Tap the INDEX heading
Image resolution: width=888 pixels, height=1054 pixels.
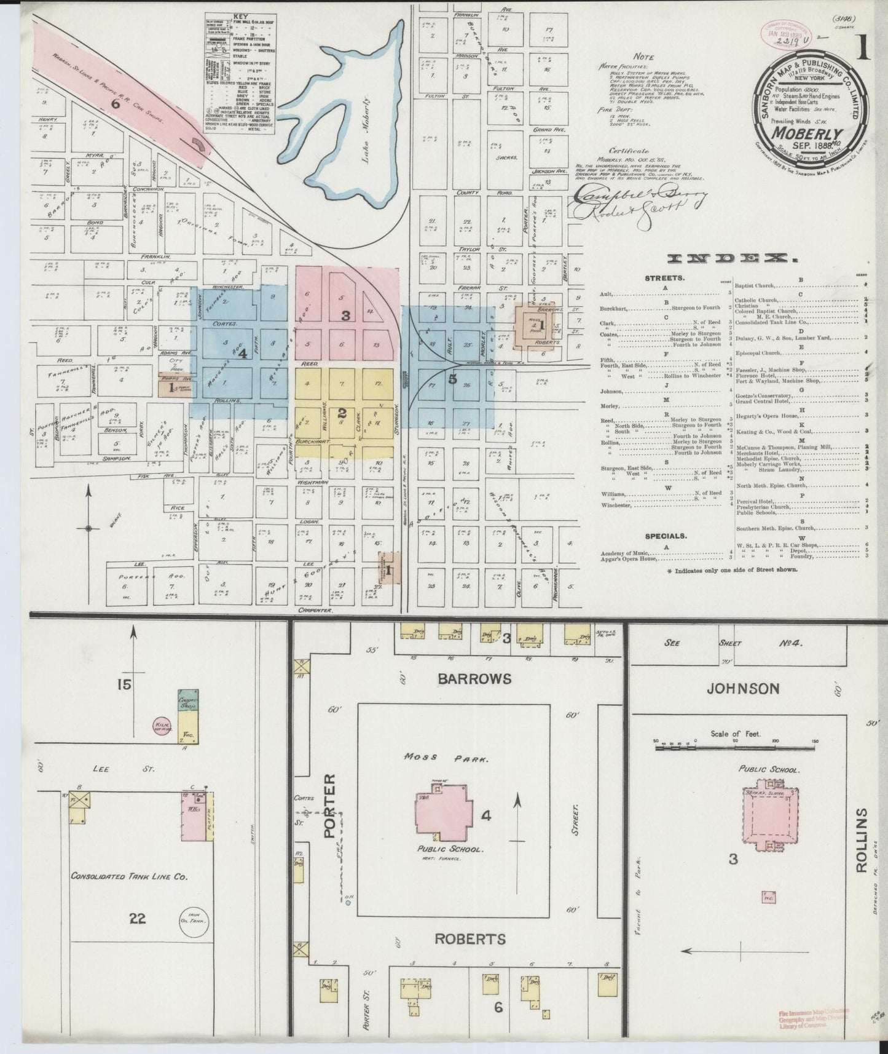[698, 258]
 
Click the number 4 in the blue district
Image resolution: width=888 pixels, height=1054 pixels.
[243, 354]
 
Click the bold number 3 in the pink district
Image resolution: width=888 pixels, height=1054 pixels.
[346, 315]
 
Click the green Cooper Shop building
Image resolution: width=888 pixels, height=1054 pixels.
[186, 703]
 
